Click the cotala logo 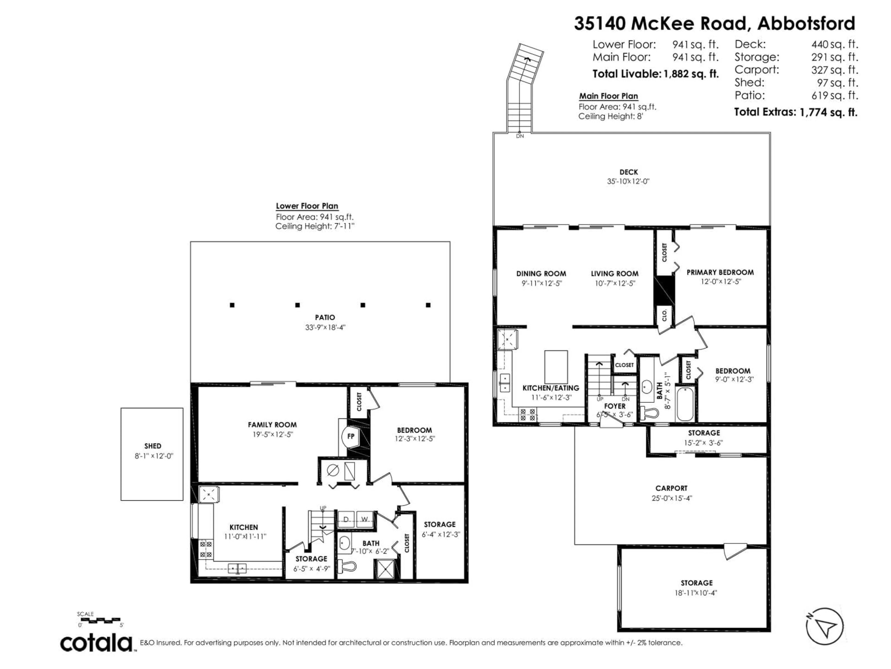coord(97,643)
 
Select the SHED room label coord(153,446)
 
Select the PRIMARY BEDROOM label coord(720,272)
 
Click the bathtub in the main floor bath coord(685,404)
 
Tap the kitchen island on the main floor coord(556,367)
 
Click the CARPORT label coord(671,488)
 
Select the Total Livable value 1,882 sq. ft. coord(691,74)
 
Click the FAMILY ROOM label coord(272,425)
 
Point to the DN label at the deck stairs coord(520,136)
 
